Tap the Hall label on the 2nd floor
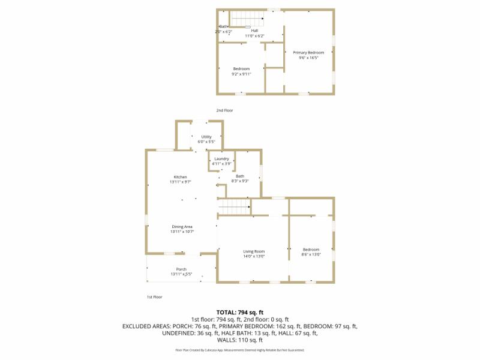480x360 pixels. pos(254,31)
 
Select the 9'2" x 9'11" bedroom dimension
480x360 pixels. pos(241,74)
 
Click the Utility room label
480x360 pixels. pos(206,137)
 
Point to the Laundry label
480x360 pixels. pos(222,158)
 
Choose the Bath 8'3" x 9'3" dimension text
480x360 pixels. pos(240,181)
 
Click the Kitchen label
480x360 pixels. pos(181,177)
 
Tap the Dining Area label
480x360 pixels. pos(181,226)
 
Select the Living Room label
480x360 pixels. pos(254,251)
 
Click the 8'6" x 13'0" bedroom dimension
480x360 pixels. pos(311,255)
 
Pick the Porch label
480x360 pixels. pos(181,269)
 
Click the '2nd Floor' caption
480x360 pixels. pos(225,110)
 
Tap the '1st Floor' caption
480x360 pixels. pos(154,297)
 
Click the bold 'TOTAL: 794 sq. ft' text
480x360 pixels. pos(240,312)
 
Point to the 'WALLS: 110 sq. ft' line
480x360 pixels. pos(240,340)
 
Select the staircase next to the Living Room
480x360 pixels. pos(234,208)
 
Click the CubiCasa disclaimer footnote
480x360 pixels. pos(240,350)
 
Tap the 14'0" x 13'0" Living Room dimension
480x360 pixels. pos(254,256)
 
